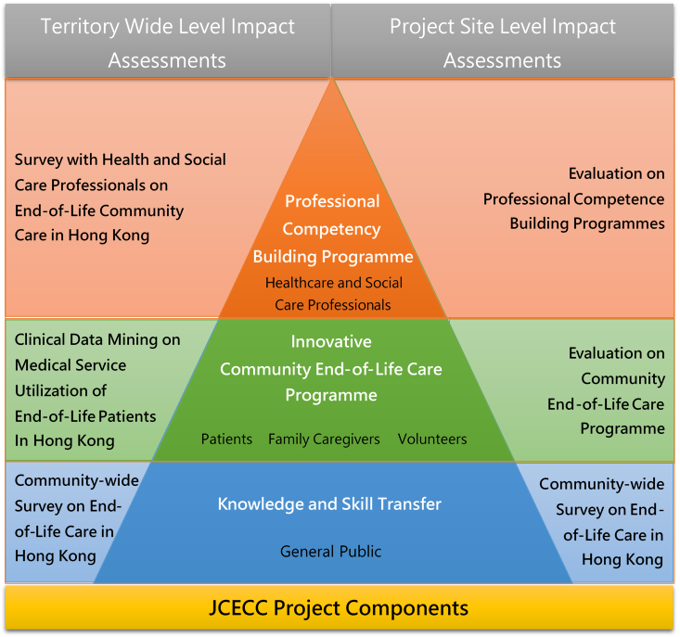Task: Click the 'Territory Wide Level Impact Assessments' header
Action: coord(167,43)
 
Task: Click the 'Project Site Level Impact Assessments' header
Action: coord(503,43)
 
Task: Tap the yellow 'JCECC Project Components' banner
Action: coord(340,607)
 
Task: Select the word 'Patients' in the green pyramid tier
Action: coord(226,439)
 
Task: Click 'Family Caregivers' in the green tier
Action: coord(324,440)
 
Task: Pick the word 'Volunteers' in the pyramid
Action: coord(432,439)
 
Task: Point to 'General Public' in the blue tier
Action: coord(330,551)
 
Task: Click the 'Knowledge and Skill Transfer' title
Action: coord(329,504)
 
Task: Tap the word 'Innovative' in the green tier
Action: coord(331,341)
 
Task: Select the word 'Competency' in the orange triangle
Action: coord(332,229)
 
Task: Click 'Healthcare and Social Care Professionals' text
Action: coord(333,294)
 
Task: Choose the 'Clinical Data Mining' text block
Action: coord(97,390)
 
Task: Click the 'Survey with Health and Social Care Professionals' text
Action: coord(120,197)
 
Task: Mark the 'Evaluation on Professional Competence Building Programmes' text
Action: coord(573,198)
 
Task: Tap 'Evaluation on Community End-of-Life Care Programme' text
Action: coord(606,391)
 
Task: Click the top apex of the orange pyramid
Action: coord(332,79)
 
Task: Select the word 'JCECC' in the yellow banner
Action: coord(238,607)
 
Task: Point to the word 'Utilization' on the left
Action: coord(60,391)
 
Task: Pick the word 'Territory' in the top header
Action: coord(80,27)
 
